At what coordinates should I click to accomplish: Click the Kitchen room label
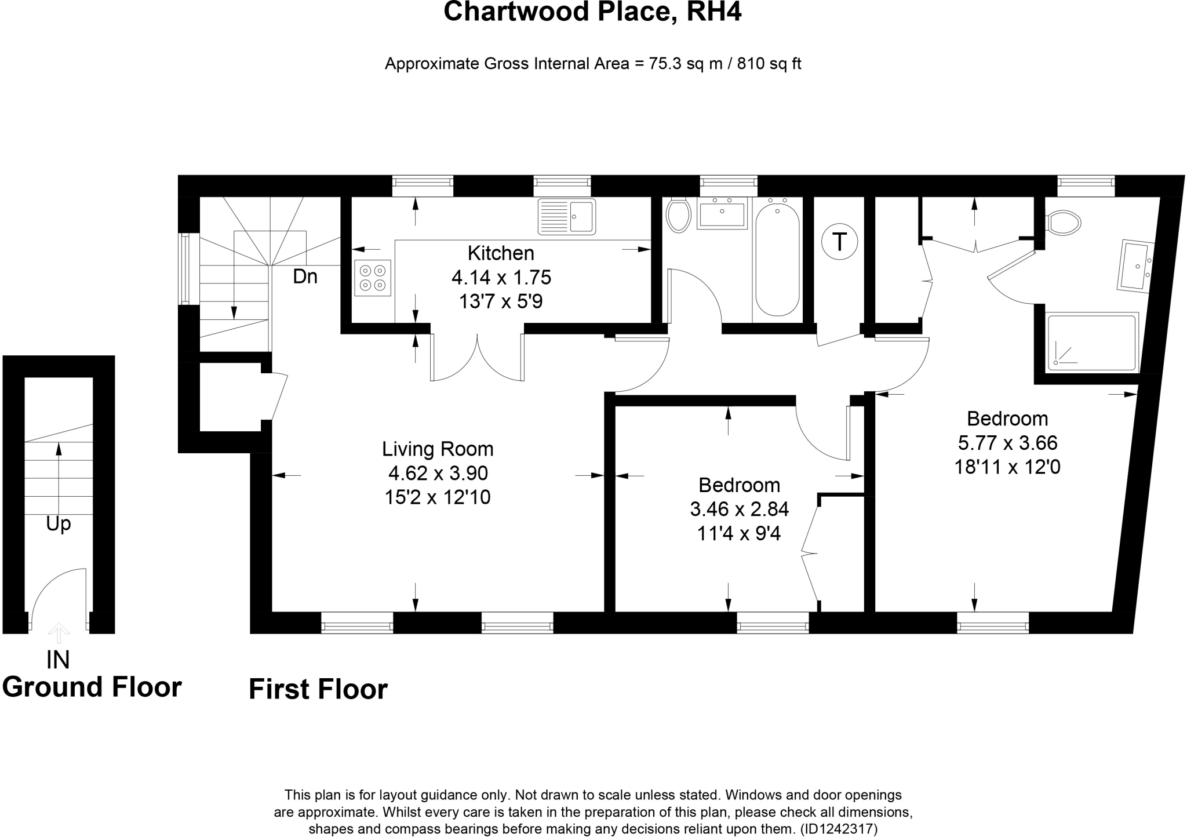pos(501,253)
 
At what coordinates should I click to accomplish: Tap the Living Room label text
pos(438,449)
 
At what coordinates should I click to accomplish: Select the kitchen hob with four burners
pos(373,278)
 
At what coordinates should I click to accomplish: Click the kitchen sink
pos(566,216)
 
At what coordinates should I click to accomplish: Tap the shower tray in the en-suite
pos(1092,342)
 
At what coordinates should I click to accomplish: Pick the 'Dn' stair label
pos(305,277)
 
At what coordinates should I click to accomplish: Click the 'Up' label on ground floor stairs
pos(58,524)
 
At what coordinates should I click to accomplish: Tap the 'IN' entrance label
pos(58,660)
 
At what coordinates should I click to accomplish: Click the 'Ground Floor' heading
pos(92,687)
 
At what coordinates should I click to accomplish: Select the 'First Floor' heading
pos(318,690)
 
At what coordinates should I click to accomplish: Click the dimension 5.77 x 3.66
pos(1007,443)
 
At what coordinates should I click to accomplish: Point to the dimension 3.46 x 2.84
pos(739,510)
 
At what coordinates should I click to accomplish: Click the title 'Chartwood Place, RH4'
pos(592,12)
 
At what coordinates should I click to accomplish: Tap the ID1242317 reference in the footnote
pos(839,829)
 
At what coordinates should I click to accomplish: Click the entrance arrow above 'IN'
pos(58,633)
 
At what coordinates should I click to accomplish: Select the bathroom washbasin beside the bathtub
pos(722,213)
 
